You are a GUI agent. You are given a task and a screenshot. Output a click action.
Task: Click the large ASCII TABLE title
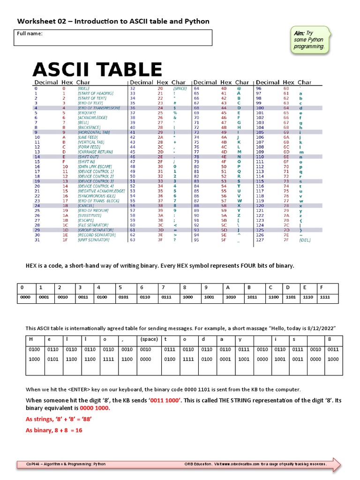97,70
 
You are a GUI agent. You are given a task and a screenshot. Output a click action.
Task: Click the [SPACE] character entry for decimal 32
180,88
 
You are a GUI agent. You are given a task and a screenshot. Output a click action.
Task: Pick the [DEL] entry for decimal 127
305,240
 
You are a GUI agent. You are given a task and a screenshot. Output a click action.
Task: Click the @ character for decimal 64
239,88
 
